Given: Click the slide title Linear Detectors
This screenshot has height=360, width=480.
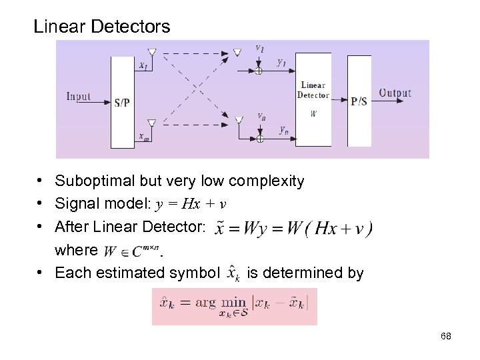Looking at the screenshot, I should click(x=102, y=27).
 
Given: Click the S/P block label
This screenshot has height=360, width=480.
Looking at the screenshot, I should click(x=122, y=103).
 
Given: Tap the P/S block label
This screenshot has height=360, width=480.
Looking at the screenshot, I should click(x=359, y=101).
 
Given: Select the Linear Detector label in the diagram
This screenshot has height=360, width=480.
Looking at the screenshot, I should click(x=313, y=90).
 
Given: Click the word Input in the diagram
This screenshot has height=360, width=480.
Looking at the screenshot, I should click(x=78, y=96).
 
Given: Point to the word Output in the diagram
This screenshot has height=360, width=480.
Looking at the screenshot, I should click(x=395, y=93).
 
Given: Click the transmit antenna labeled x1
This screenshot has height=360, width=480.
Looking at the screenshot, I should click(x=152, y=53).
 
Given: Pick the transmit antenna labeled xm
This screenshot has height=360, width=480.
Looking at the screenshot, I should click(x=151, y=123).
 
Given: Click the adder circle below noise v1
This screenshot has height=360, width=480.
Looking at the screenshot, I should click(x=259, y=69).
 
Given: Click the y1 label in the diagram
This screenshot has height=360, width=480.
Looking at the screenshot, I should click(x=282, y=63).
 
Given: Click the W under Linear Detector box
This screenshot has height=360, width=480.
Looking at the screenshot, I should click(x=313, y=114).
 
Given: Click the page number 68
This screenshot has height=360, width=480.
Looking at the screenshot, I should click(x=446, y=336).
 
